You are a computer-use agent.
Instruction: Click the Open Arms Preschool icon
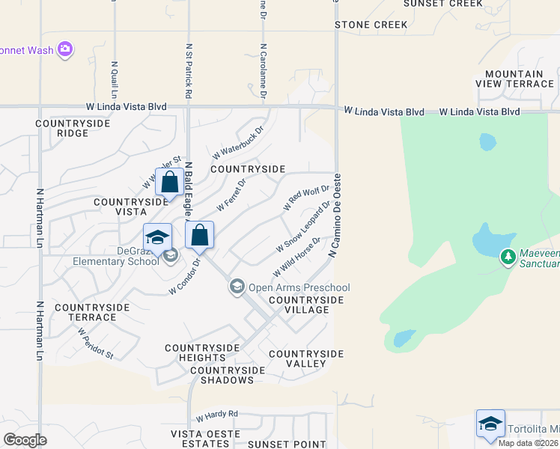coord(237,287)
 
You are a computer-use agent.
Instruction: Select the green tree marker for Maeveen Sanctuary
coord(508,257)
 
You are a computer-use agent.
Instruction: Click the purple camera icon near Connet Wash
coord(65,49)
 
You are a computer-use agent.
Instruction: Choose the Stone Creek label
coord(371,25)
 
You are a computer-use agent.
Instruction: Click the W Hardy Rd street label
coord(216,414)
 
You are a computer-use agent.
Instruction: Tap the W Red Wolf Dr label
coord(306,196)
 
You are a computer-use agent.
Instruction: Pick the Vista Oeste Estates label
coord(206,439)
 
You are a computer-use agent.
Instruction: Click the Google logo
coord(25,439)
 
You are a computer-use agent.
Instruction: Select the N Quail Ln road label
coord(115,79)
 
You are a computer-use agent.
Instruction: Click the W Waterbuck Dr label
coord(238,141)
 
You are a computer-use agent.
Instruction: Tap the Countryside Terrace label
coord(85,312)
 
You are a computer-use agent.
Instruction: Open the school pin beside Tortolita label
coord(490,424)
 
